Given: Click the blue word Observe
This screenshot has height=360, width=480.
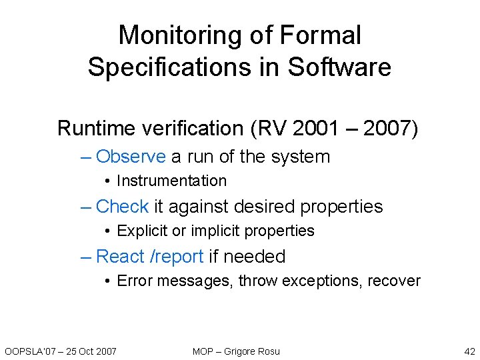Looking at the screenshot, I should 131,157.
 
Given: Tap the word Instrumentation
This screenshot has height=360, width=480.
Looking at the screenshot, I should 171,181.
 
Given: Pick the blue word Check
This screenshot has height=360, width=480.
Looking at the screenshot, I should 122,207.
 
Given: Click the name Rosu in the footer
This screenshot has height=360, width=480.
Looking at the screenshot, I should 267,351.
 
